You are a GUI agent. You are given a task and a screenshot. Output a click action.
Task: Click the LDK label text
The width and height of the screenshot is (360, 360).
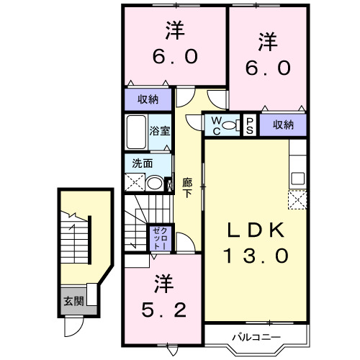[257, 231]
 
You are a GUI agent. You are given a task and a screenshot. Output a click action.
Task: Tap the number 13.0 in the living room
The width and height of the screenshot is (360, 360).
[257, 254]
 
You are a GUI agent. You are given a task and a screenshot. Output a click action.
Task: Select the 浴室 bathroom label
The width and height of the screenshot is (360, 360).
[160, 131]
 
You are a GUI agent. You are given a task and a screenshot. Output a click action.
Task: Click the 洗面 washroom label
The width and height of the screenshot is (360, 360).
[142, 163]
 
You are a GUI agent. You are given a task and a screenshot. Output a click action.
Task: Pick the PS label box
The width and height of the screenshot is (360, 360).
[249, 125]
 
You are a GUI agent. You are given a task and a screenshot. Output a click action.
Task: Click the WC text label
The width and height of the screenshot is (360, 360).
[216, 125]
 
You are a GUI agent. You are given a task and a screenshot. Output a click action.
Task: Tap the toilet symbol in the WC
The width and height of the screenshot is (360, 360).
[230, 126]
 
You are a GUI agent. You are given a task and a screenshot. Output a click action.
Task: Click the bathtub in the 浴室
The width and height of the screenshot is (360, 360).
[137, 132]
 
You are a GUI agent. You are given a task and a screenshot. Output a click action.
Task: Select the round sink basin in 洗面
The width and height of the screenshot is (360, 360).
[154, 183]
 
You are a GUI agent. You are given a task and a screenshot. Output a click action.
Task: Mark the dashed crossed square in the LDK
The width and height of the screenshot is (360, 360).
[297, 199]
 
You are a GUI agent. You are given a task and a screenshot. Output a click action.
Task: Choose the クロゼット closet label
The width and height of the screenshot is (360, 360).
[160, 237]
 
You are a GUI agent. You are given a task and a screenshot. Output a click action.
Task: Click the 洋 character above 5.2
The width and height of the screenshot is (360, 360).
[163, 283]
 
